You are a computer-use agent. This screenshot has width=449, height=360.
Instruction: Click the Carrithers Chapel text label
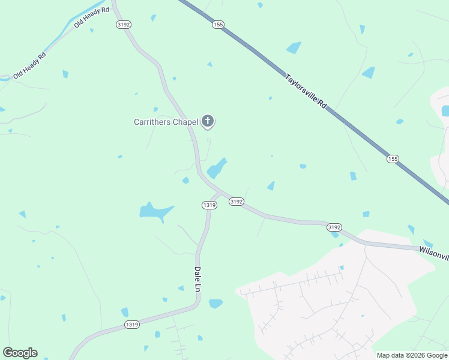166,122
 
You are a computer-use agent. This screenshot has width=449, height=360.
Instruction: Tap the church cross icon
208,122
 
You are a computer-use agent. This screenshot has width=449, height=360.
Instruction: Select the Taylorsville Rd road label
306,91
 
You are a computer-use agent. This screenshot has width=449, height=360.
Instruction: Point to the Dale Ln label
197,279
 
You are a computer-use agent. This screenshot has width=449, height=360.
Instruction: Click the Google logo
20,352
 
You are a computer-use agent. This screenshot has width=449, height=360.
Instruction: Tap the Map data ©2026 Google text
411,355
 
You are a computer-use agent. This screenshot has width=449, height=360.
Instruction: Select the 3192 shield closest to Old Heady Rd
124,25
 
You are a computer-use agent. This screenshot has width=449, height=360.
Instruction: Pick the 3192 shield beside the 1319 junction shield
236,202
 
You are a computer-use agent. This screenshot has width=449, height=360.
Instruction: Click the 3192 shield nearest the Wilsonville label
334,227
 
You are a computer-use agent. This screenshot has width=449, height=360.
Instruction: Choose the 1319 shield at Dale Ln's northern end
209,205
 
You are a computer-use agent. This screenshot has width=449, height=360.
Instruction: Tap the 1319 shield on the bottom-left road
132,325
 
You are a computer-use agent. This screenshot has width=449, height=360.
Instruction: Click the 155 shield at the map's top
217,25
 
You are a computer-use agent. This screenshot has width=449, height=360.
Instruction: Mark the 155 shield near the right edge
393,158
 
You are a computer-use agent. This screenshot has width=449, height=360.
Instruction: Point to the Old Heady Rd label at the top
92,17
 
